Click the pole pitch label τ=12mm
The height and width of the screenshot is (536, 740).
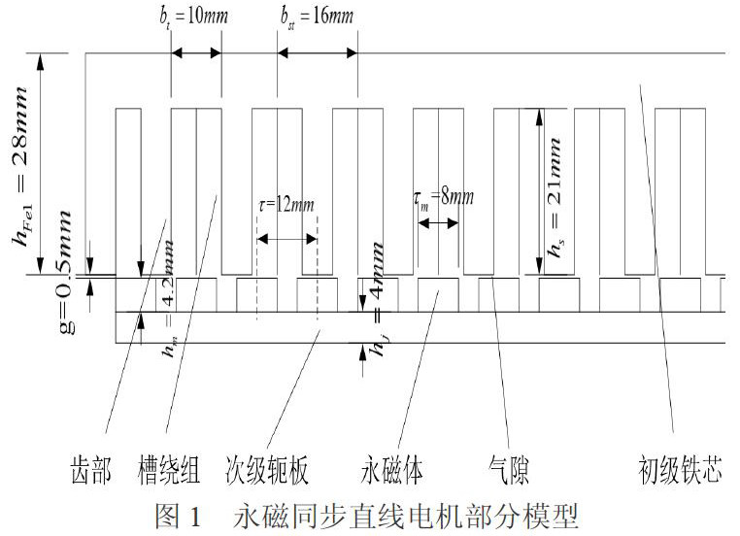pos(287,207)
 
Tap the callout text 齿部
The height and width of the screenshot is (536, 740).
pos(92,472)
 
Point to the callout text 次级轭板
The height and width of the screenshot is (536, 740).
pos(268,472)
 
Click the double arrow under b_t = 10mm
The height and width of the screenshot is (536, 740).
pos(196,54)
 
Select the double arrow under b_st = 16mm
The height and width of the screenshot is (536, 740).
pos(317,54)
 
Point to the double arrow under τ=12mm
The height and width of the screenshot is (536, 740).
pos(286,239)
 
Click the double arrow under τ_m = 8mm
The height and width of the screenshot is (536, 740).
pos(438,222)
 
